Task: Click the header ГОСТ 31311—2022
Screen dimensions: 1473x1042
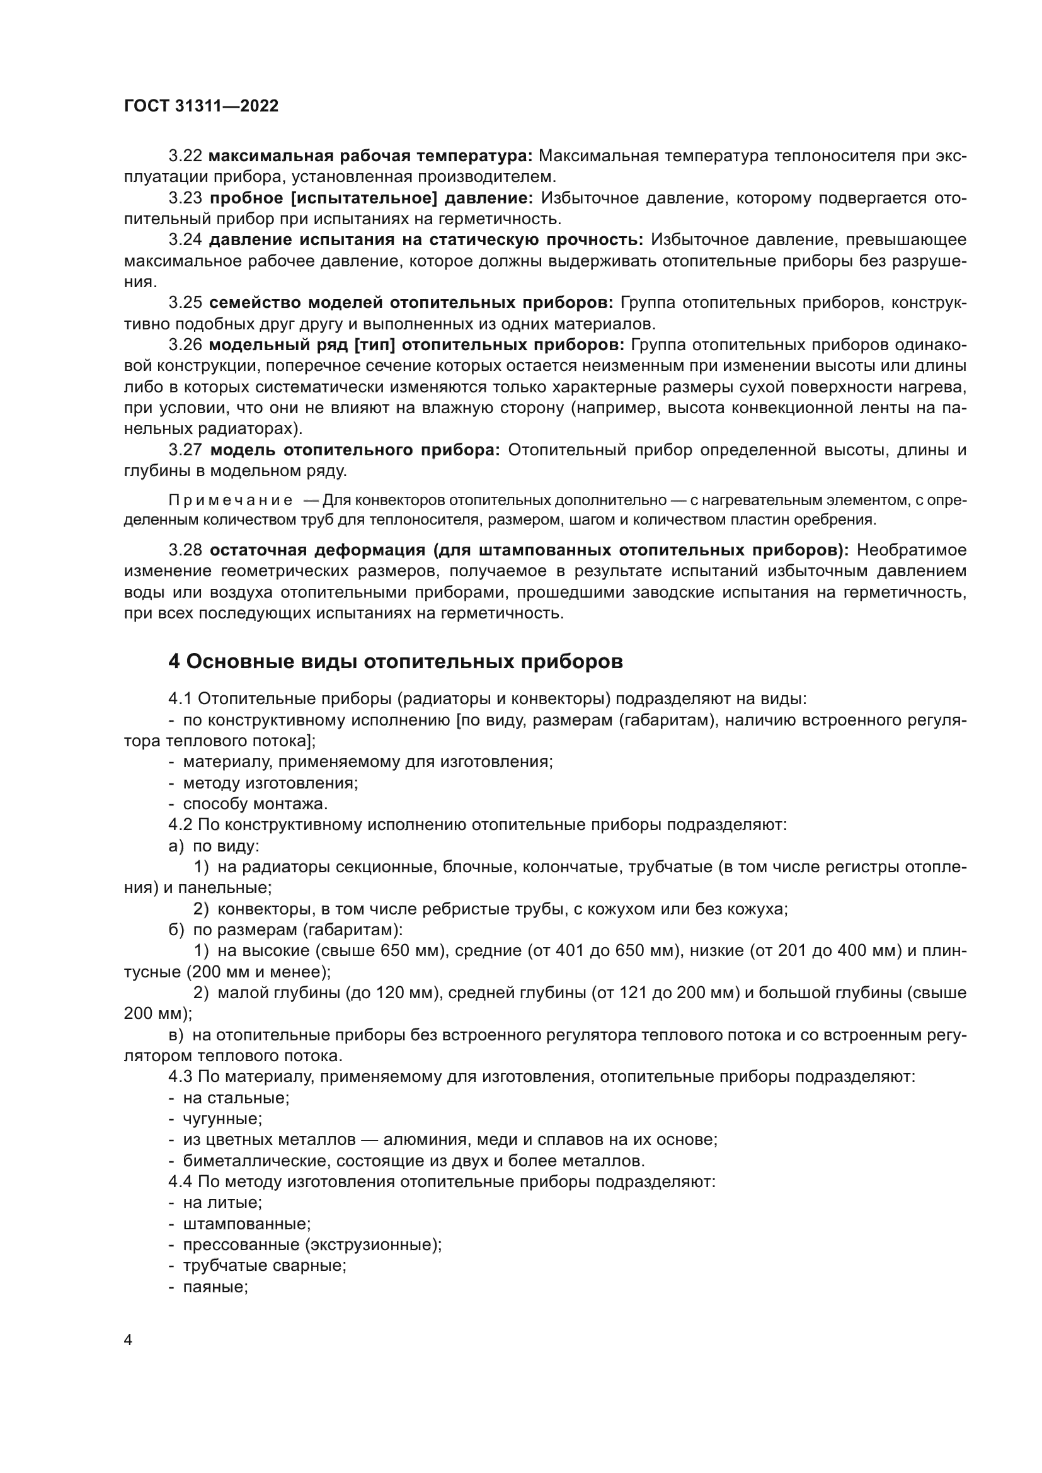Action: pyautogui.click(x=201, y=106)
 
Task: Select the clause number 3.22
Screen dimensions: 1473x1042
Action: pyautogui.click(x=185, y=156)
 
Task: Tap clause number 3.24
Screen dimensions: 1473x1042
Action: pyautogui.click(x=185, y=240)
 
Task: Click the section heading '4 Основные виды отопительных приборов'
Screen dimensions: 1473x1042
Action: pyautogui.click(x=395, y=661)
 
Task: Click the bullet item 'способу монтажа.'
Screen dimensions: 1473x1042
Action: pyautogui.click(x=255, y=804)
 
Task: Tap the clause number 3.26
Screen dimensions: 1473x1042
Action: pyautogui.click(x=185, y=345)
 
